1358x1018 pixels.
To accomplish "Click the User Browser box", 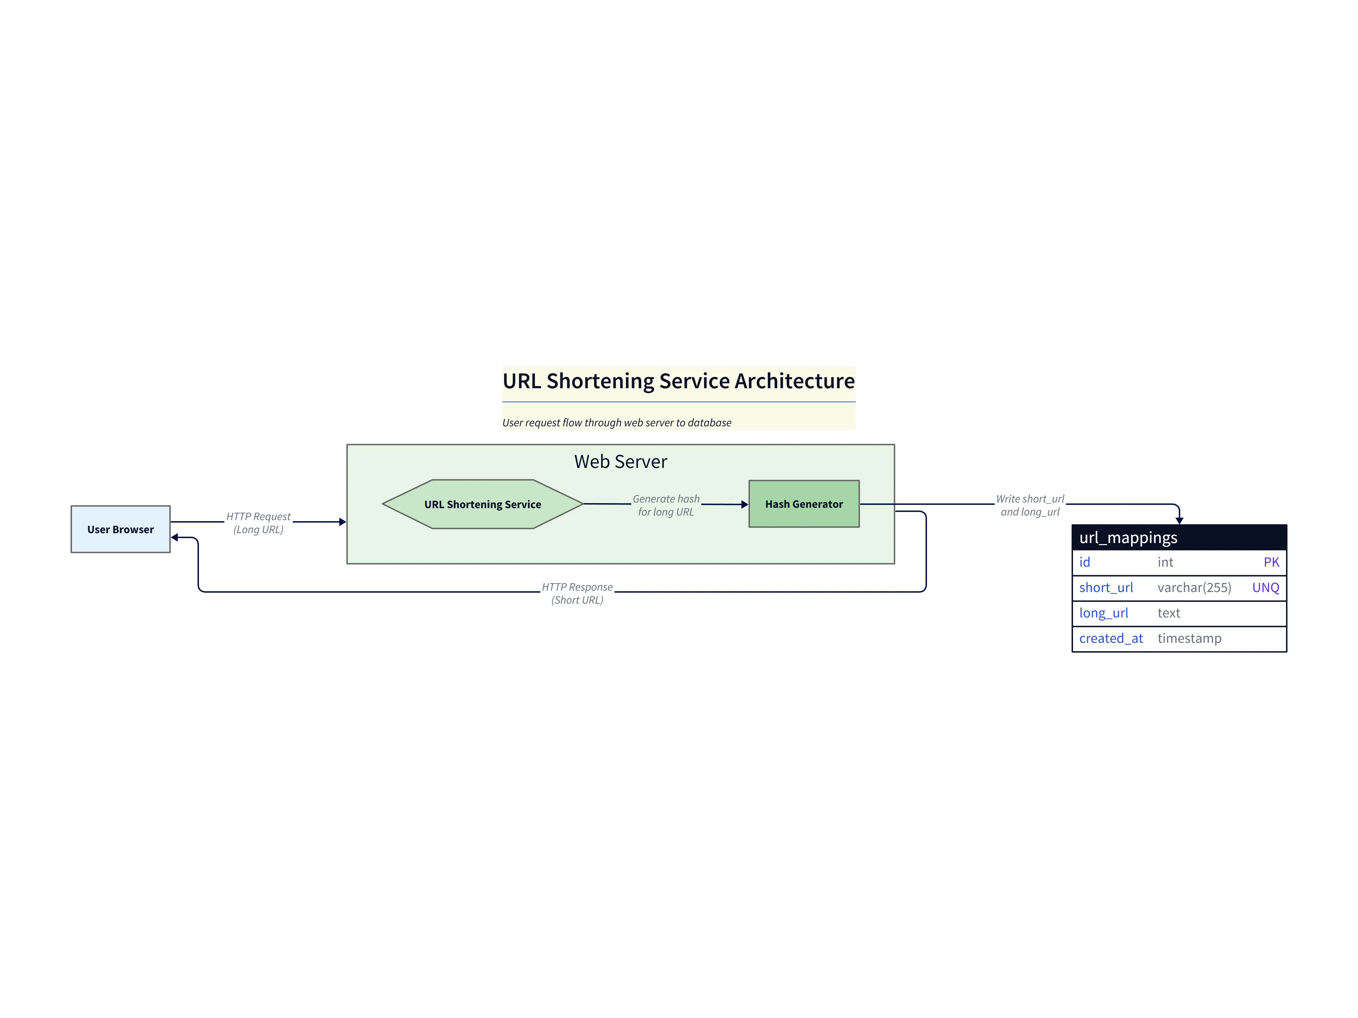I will [x=120, y=529].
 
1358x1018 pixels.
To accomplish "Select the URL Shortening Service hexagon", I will [x=483, y=504].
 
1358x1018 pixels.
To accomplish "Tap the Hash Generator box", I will [x=804, y=504].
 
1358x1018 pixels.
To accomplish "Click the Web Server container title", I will [x=620, y=462].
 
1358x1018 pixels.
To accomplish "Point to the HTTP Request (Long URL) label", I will [x=259, y=523].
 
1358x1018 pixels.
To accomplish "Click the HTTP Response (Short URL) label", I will [x=577, y=593].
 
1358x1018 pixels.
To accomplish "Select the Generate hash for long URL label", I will [x=666, y=505].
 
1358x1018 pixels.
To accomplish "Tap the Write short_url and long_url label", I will [x=1030, y=505].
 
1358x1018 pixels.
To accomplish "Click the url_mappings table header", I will [x=1179, y=537].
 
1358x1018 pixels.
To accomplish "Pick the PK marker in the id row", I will [x=1271, y=562].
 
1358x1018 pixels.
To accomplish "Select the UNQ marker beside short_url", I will [x=1265, y=588].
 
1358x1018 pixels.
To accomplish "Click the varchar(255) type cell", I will [x=1194, y=588].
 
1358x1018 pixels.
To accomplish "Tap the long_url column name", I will [x=1103, y=613].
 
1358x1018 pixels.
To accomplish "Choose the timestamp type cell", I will [x=1189, y=638].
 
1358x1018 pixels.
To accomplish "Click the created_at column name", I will [x=1111, y=638].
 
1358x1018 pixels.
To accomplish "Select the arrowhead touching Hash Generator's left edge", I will [x=745, y=504].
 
